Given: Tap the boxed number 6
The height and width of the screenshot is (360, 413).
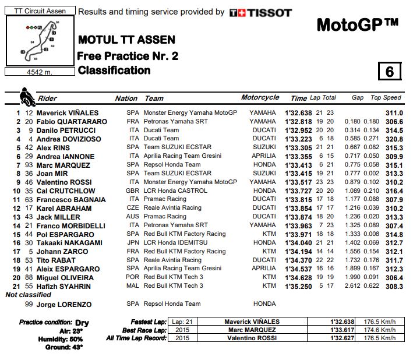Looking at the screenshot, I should point(389,71).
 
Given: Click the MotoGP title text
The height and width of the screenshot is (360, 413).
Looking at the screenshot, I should point(358,25).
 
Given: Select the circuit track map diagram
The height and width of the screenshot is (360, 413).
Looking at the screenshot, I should point(40,41).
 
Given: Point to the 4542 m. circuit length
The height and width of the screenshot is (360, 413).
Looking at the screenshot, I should point(39,72).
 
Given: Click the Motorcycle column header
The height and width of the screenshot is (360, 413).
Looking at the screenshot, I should point(260,98).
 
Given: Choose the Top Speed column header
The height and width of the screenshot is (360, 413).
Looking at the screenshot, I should point(386,98).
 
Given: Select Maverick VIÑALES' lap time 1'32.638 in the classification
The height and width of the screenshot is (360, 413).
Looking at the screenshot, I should point(299,113).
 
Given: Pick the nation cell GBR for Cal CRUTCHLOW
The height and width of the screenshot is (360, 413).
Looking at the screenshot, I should point(133,191).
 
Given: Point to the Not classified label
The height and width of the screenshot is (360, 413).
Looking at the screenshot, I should point(29,295).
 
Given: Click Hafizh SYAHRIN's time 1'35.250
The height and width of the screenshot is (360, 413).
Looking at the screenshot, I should point(299,286).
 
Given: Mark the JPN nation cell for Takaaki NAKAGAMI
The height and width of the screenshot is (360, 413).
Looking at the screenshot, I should point(133,243).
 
